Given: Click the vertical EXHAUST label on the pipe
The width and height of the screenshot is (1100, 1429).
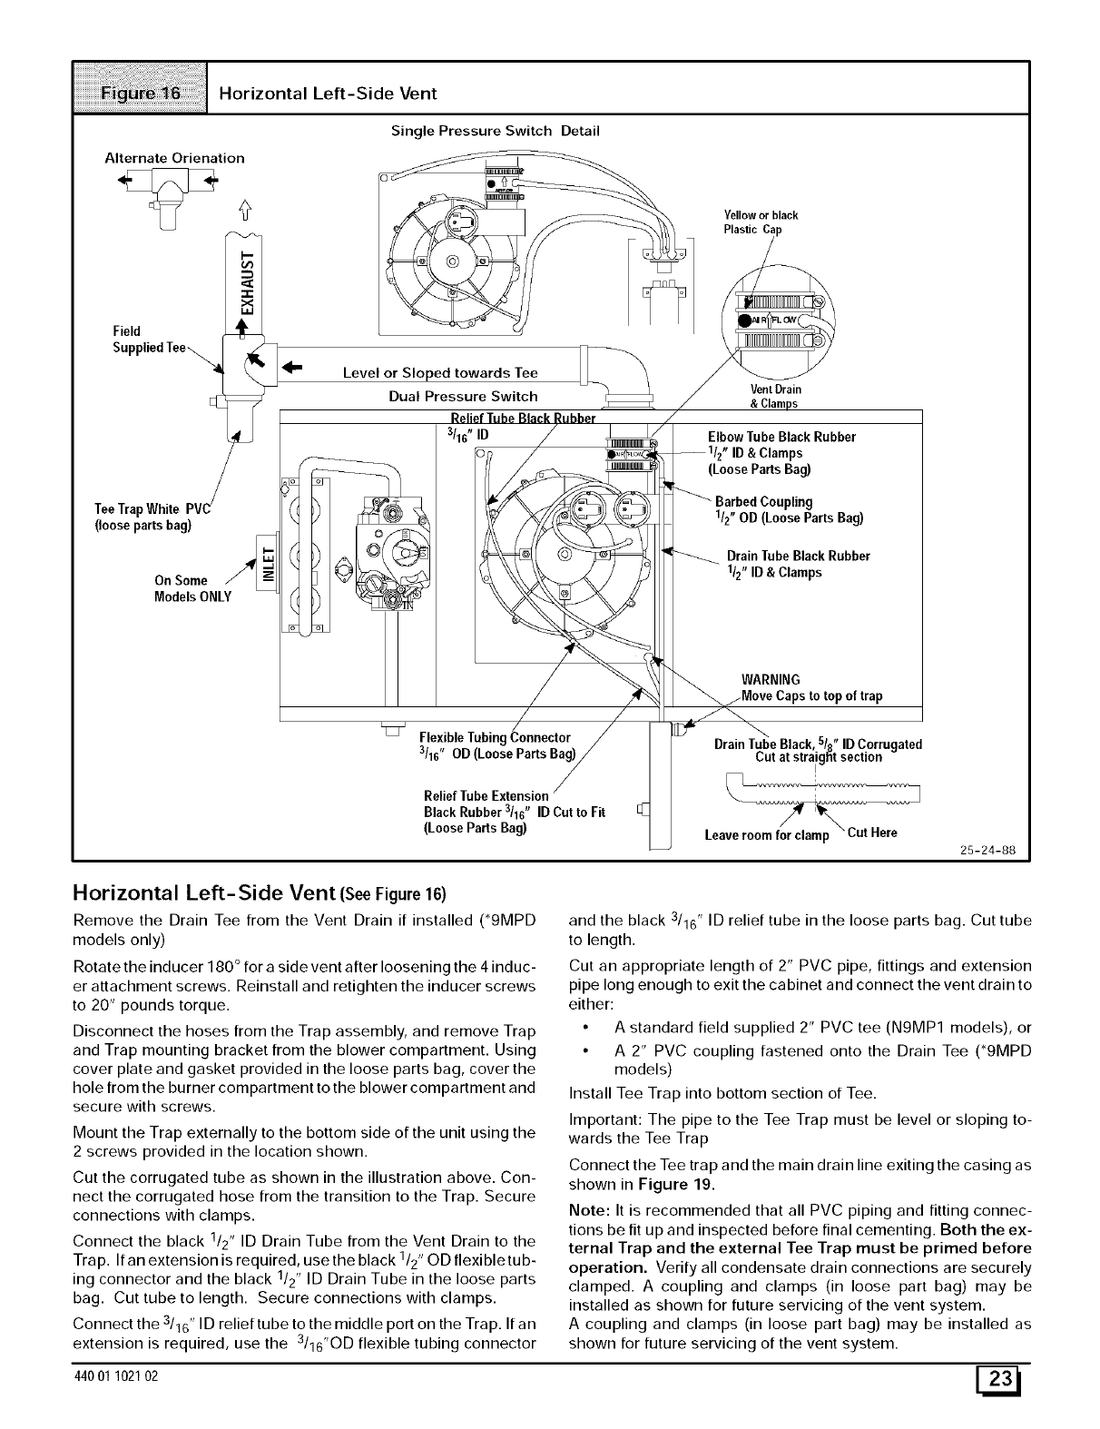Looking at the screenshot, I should (242, 283).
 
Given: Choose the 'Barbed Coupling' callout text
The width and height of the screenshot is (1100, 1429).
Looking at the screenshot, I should (763, 501).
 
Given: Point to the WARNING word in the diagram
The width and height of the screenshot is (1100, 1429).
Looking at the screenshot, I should (771, 680).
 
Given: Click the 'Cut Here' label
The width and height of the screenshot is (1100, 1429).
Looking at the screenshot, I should (871, 833).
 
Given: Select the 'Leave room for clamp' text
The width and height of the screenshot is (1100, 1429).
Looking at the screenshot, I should (767, 835).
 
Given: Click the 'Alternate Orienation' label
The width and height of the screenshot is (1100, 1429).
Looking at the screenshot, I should (175, 158).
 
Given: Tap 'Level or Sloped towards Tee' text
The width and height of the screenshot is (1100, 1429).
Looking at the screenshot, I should (440, 373).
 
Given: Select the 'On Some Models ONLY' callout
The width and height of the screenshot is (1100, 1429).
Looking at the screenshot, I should (193, 588).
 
